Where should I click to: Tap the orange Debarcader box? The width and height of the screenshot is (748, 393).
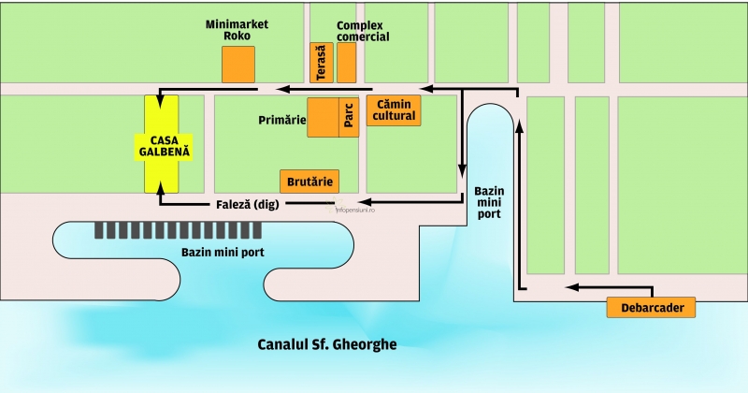(x=652, y=307)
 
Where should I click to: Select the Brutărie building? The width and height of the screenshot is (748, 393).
(x=309, y=181)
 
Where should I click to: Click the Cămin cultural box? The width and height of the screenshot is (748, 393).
(x=394, y=110)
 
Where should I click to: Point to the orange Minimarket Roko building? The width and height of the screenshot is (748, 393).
(x=237, y=63)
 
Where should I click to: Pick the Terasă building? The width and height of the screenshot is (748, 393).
(x=319, y=62)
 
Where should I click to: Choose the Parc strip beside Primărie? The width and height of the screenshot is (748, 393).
(x=349, y=117)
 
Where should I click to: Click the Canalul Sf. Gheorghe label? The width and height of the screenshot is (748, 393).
(x=327, y=344)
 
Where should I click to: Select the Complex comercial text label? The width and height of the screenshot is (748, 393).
(x=363, y=30)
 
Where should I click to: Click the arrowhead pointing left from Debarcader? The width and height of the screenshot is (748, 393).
(x=571, y=287)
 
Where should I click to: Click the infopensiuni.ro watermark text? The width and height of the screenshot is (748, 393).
(x=354, y=210)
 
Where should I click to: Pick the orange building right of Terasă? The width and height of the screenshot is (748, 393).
(x=347, y=62)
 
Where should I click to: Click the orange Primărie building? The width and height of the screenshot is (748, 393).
(x=323, y=117)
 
